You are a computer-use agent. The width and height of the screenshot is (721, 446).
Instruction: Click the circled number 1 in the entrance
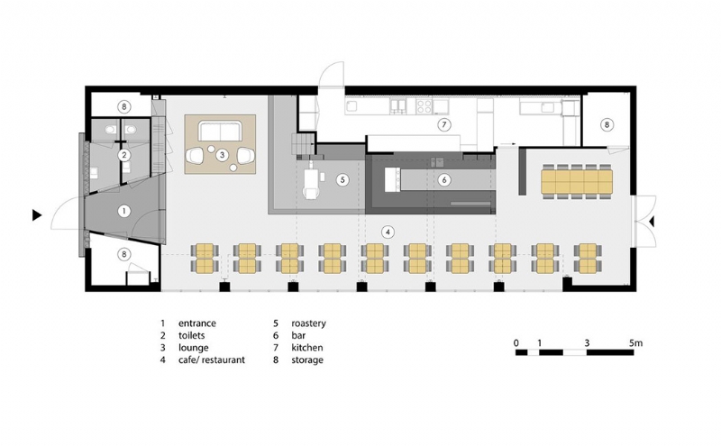click(123, 212)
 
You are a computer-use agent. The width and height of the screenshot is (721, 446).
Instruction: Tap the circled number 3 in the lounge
click(222, 155)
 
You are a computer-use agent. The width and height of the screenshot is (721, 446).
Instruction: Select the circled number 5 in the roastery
click(342, 180)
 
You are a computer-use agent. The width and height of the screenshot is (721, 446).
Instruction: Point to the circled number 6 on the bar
click(444, 180)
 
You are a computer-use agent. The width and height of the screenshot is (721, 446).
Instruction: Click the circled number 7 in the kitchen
click(443, 124)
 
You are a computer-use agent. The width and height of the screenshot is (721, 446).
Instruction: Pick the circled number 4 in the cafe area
click(388, 232)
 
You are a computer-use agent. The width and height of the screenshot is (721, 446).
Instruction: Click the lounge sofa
click(220, 131)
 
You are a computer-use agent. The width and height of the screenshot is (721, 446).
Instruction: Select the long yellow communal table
click(577, 181)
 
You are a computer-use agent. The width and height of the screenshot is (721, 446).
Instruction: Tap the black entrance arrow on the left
click(37, 214)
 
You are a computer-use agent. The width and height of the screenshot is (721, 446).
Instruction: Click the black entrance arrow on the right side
click(651, 222)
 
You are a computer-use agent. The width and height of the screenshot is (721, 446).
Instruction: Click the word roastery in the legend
click(308, 323)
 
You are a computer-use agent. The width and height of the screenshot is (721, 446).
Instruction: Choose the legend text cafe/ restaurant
click(212, 360)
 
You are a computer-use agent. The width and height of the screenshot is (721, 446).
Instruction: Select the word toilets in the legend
click(192, 336)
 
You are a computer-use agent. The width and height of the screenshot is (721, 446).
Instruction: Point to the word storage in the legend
click(307, 360)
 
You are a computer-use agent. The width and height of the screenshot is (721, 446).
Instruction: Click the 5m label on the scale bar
click(635, 343)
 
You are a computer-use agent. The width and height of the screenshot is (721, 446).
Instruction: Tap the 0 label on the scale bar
click(516, 343)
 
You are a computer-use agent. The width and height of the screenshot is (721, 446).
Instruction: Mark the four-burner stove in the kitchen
click(424, 106)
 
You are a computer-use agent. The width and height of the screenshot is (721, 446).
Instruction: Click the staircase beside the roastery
click(303, 144)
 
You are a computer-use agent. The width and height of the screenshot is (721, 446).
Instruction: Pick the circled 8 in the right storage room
click(607, 124)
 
